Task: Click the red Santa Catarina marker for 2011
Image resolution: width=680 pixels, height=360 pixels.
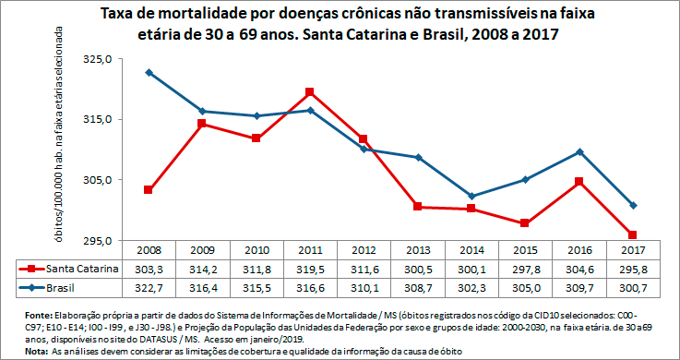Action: click(309, 92)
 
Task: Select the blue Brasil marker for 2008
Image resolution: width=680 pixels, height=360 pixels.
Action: click(149, 72)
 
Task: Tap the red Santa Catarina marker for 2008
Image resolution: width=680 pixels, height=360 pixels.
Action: click(149, 190)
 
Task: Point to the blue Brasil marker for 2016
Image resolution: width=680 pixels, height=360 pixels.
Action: click(579, 151)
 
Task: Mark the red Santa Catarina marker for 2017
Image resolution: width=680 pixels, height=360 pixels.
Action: click(633, 235)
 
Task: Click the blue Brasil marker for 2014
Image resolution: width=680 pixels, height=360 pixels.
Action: click(471, 197)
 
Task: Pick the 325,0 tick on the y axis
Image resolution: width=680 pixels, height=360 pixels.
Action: click(99, 59)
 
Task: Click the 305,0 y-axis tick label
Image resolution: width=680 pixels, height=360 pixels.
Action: click(99, 180)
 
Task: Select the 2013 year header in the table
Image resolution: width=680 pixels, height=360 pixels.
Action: click(417, 250)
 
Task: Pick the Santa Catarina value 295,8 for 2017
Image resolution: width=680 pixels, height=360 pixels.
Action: click(633, 269)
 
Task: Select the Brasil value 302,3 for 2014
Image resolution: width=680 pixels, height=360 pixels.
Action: click(471, 288)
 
